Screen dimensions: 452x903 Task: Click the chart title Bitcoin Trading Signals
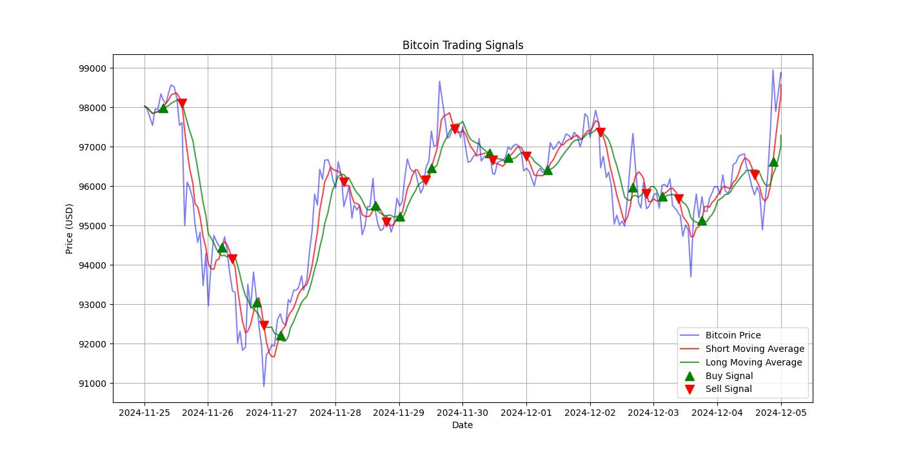tap(462, 45)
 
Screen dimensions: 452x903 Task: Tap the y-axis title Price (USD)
tap(70, 229)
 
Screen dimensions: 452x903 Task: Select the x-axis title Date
tap(462, 425)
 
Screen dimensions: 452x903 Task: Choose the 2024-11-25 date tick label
tap(144, 412)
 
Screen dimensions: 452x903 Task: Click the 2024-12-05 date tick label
tap(780, 412)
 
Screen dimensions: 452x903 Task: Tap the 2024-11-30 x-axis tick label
tap(462, 412)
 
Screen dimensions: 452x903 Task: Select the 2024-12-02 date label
tap(590, 412)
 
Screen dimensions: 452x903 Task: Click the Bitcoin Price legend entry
tap(733, 335)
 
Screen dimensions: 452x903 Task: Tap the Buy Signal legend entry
tap(729, 376)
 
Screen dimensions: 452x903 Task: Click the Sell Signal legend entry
tap(728, 389)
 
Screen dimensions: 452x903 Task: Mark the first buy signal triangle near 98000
tap(163, 108)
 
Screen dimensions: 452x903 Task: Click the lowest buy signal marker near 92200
tap(281, 336)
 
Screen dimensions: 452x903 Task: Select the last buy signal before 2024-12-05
tap(773, 162)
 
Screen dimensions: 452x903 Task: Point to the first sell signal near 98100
tap(183, 103)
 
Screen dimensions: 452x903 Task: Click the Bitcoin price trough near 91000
tap(264, 386)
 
